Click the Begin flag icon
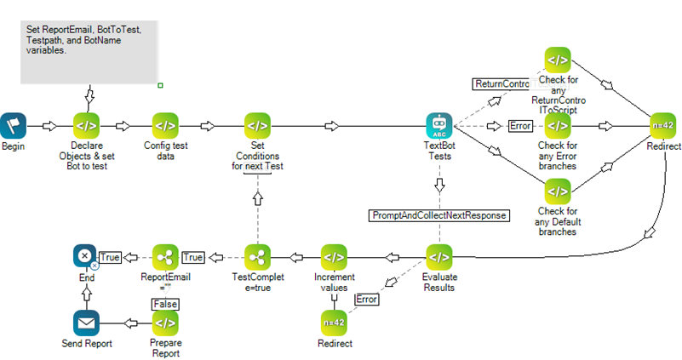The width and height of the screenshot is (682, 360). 13,126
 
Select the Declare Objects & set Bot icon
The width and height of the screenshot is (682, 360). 86,126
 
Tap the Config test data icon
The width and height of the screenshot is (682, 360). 166,126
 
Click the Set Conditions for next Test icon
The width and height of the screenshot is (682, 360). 256,126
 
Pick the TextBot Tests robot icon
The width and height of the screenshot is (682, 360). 438,126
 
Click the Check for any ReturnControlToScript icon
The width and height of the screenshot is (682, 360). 558,60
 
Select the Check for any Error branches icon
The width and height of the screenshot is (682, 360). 558,126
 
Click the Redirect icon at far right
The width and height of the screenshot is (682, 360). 663,126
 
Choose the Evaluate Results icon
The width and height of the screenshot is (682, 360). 438,256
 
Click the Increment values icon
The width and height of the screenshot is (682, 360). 334,256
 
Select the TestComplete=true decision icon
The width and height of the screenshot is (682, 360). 256,256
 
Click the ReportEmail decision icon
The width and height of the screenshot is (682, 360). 165,256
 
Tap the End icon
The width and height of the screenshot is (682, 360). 85,256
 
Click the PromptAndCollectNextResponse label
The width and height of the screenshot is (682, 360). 438,215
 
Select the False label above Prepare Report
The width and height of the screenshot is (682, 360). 164,303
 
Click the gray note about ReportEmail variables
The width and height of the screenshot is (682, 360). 89,51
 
